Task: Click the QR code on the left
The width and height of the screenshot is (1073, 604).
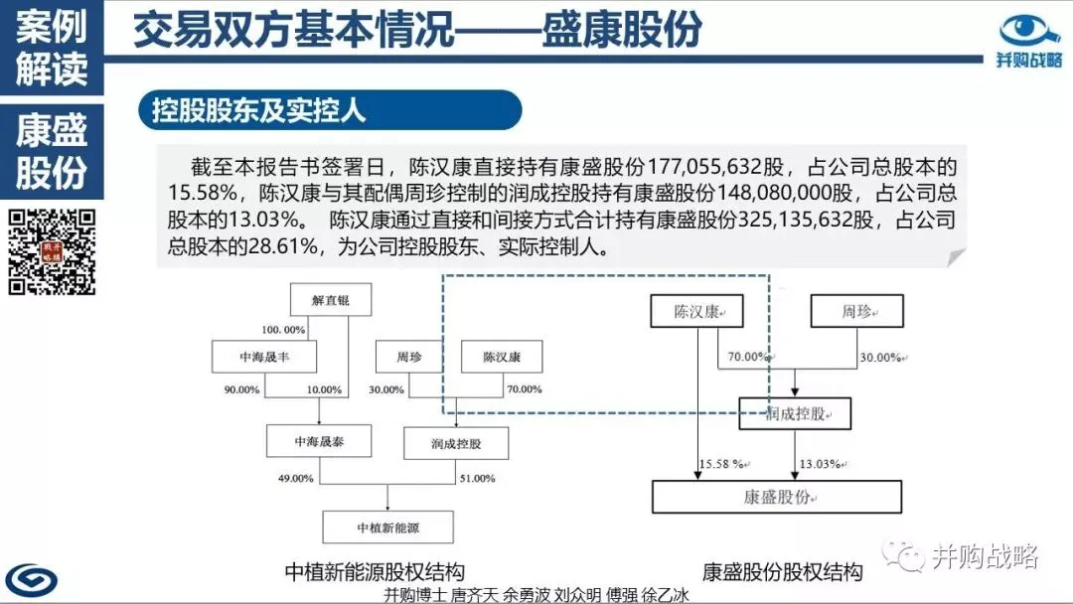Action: pos(52,252)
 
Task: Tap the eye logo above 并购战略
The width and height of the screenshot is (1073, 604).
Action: pos(1029,30)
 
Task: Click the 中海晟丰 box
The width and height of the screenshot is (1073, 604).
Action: pos(249,356)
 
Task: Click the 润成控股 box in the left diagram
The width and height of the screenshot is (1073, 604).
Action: pos(442,442)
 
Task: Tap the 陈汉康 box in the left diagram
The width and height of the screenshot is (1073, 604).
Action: pos(501,356)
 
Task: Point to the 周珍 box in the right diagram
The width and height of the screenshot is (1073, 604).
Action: pos(857,312)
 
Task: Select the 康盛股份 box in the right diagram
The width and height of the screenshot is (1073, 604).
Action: pos(776,497)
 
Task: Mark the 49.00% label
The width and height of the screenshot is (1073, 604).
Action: pos(295,478)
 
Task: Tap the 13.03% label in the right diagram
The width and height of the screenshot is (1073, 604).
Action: pos(822,463)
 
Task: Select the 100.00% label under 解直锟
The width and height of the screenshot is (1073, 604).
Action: pos(283,329)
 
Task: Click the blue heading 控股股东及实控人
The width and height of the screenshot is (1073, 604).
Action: pos(259,110)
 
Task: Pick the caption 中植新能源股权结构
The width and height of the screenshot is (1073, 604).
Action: pos(375,571)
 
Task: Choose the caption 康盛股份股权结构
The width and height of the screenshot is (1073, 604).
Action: pos(782,571)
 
